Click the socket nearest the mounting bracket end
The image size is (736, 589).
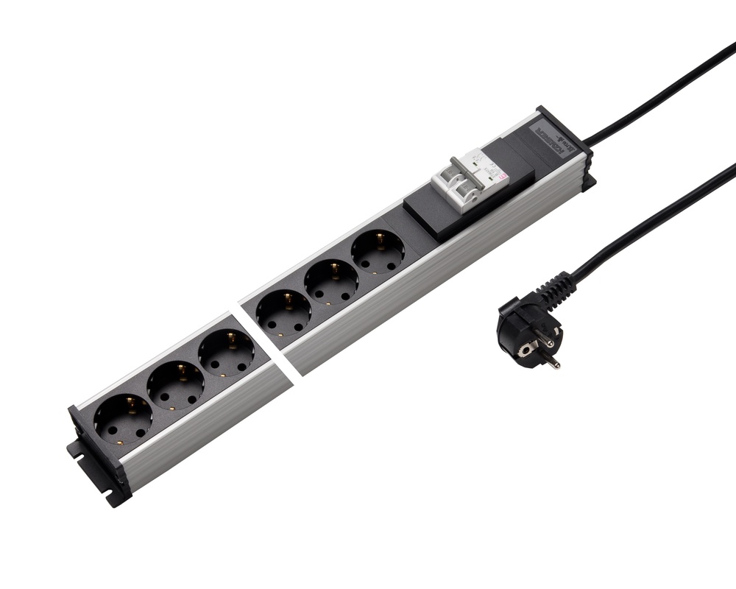[123, 418]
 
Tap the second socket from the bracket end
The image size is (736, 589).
[175, 385]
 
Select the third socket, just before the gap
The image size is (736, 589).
[227, 352]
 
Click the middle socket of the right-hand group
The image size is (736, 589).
[331, 282]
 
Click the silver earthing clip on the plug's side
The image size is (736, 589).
[523, 351]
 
